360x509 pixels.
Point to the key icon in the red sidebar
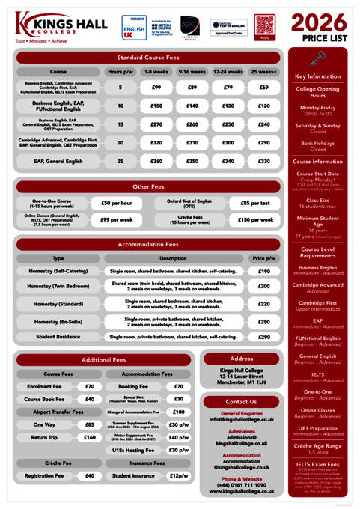point(317,59)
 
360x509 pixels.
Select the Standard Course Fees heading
point(148,57)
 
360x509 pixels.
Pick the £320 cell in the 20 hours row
point(156,142)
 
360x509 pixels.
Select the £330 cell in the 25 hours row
point(263,161)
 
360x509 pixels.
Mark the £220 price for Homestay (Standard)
point(263,304)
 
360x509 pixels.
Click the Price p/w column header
point(263,258)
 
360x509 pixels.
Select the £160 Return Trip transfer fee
point(90,438)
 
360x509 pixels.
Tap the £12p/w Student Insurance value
point(178,475)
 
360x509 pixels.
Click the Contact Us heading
point(242,402)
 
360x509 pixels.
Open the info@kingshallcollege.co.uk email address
point(242,419)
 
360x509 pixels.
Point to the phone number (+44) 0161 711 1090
point(242,484)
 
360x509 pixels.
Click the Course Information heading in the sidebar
point(318,161)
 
